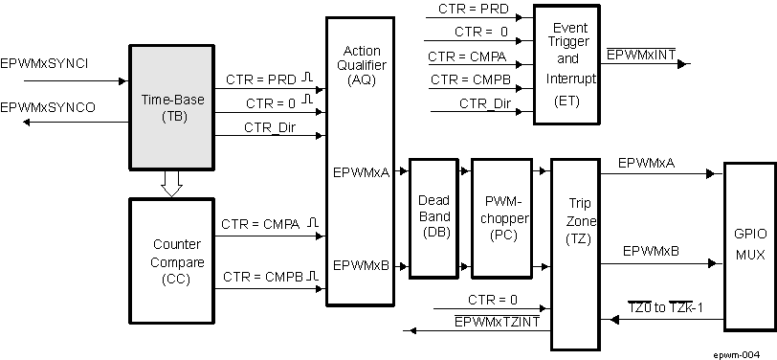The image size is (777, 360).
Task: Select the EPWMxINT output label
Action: [x=640, y=55]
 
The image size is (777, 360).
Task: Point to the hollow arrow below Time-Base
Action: [x=171, y=183]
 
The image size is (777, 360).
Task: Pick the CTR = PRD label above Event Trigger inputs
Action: [x=473, y=11]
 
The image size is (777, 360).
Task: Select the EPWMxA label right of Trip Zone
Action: [x=647, y=164]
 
